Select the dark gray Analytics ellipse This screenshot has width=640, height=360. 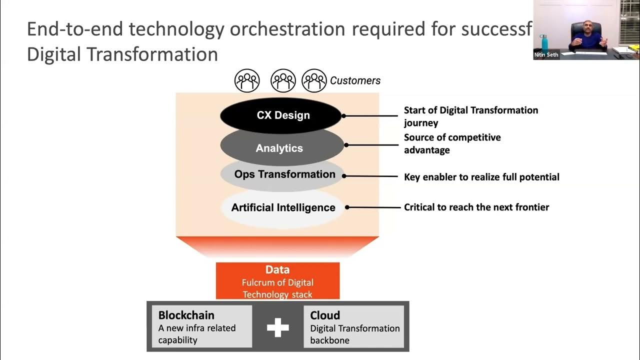(x=279, y=148)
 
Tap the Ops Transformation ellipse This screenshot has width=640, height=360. (x=284, y=174)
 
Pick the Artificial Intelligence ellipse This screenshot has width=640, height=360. (x=283, y=207)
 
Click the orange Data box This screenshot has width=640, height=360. (x=277, y=281)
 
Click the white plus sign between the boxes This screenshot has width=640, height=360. (x=277, y=328)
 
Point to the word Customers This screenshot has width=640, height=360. (x=355, y=80)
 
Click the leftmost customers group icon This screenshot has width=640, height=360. (x=247, y=80)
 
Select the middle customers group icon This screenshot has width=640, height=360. (x=283, y=80)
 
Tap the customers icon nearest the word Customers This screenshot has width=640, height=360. (x=314, y=80)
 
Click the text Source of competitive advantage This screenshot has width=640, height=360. (x=451, y=143)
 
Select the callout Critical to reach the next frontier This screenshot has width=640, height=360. (x=476, y=207)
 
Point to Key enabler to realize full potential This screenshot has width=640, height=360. (x=481, y=177)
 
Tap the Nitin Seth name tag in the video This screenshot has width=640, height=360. (x=546, y=55)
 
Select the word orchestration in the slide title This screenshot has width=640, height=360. (x=287, y=29)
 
